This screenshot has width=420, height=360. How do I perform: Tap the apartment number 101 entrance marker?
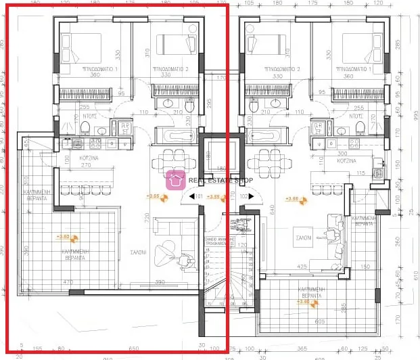[x=199, y=197]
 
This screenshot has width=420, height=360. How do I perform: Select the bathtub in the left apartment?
[x=174, y=135]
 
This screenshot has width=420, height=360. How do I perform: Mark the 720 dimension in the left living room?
[x=146, y=218]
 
